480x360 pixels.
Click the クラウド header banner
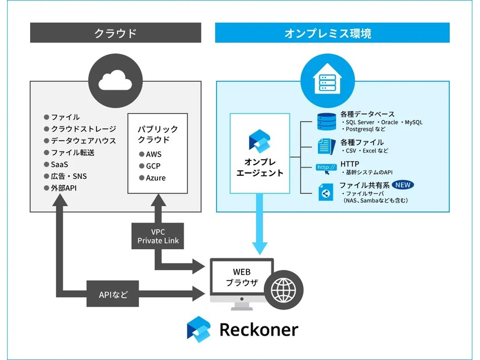[116, 33]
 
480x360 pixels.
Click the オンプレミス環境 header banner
[332, 33]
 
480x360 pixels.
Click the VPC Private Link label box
[157, 236]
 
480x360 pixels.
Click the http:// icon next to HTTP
[325, 168]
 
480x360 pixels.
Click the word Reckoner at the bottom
[259, 329]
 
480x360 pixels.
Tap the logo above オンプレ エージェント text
[257, 141]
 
